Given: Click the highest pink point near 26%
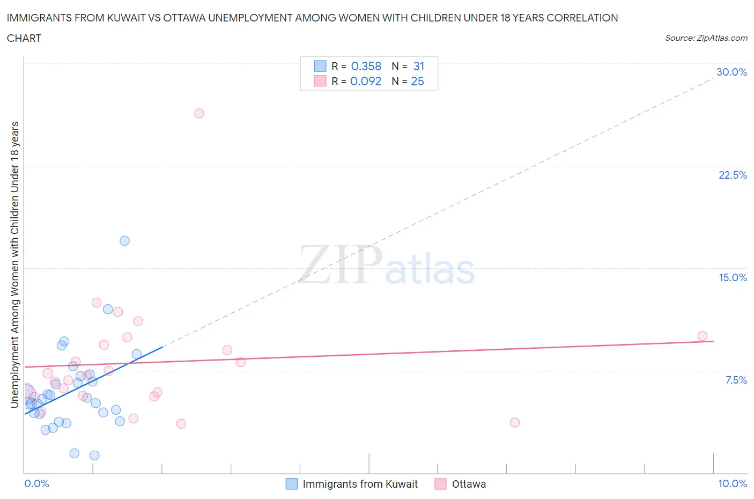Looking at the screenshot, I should point(199,113).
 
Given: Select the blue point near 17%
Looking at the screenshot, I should point(124,241).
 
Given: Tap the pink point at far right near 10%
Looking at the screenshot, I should point(703,336).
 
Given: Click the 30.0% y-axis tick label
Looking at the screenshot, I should point(731,72).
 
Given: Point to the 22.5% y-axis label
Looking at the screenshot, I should point(733,175).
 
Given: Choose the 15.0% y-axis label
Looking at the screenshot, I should point(733,278).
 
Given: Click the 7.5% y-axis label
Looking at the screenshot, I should point(736,380).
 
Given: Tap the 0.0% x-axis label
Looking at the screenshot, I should point(36,484).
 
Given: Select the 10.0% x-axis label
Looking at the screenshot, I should point(733,484).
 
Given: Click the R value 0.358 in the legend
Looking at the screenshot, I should point(366,67).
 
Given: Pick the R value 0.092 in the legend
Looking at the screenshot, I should point(366,82).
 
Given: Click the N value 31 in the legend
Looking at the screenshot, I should point(419,67).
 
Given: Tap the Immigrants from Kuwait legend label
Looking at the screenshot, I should point(360,485).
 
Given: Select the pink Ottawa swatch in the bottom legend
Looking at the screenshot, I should point(441,485).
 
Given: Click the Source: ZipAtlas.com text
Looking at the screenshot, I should point(706,38).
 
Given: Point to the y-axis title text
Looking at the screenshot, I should point(15,265).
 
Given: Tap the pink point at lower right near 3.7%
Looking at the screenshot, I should point(515,423).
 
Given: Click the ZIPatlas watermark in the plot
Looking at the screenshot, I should point(386,266).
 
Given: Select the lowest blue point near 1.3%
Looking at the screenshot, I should point(94,456).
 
